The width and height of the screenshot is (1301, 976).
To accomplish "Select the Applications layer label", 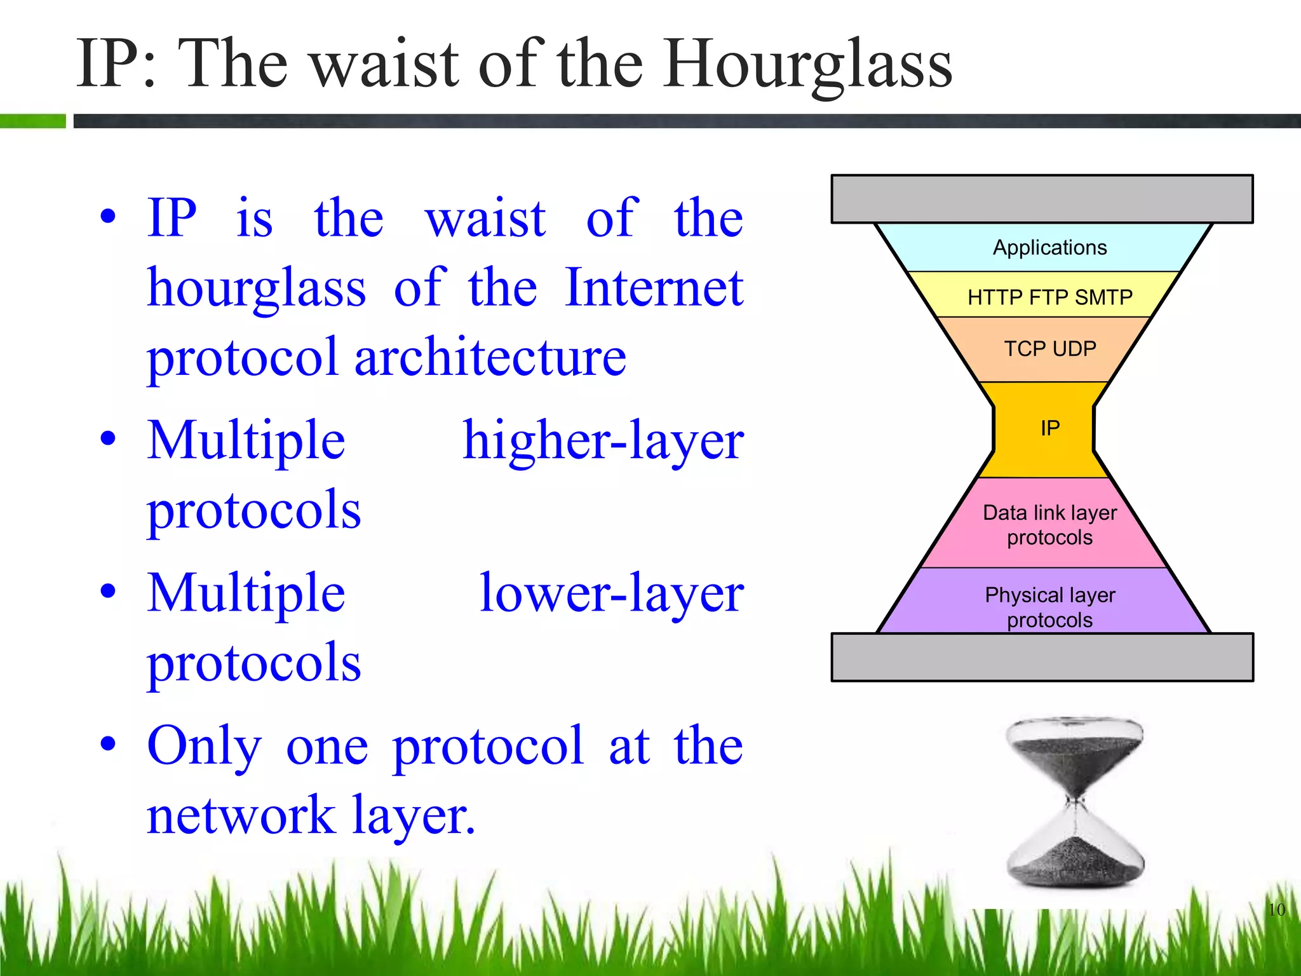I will coord(1049,247).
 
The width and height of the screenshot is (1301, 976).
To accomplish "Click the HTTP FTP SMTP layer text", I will coord(1049,297).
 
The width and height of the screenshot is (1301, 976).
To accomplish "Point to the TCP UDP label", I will coord(1049,348).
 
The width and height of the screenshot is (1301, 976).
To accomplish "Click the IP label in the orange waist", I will coord(1049,428).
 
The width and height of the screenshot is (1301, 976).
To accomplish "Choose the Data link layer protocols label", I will coord(1049,525).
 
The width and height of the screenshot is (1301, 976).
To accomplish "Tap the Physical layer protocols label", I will coord(1049,607).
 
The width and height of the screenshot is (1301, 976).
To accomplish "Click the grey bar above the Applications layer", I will coord(1042,199).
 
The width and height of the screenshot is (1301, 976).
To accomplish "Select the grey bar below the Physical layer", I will coord(1042,657).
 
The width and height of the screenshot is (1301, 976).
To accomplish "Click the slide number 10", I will coord(1276,909).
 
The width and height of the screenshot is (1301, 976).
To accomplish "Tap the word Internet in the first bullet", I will coord(654,287).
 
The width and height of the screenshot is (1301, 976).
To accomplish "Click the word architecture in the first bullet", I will coord(490,357).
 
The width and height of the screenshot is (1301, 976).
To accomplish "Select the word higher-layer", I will coord(603,440).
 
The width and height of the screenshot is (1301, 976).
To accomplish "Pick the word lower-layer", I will coord(611,593).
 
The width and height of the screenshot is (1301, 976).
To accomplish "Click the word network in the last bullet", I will coord(241,815).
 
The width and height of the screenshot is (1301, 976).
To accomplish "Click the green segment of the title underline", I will coord(32,121).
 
